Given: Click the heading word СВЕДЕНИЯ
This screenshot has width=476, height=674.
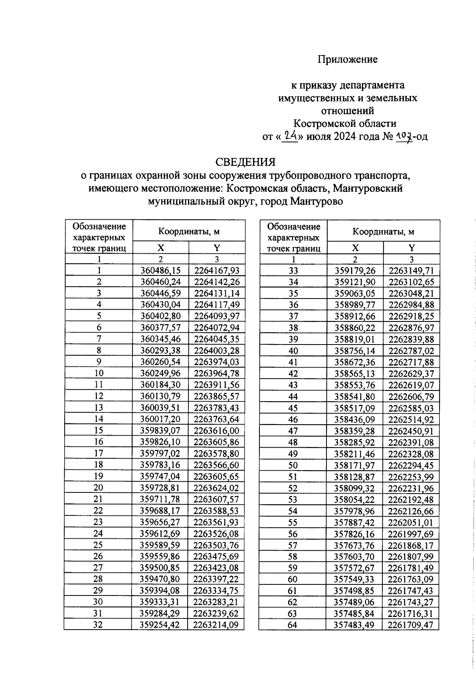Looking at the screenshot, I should click(245, 162).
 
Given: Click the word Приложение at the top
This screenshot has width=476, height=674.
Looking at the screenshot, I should click(347, 59).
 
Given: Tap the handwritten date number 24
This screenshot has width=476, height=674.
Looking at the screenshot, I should click(291, 136).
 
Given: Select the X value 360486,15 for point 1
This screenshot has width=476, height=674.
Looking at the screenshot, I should click(161, 270).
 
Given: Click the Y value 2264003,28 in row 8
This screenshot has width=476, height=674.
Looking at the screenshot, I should click(217, 350).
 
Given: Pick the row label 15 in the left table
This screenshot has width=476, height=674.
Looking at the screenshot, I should click(98, 431).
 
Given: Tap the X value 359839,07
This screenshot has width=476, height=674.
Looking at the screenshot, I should click(161, 431).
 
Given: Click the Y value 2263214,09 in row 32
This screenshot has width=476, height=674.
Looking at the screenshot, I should click(217, 625).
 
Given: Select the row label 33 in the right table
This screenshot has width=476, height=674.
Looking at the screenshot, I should click(294, 270).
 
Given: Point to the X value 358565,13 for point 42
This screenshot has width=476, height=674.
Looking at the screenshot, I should click(355, 373).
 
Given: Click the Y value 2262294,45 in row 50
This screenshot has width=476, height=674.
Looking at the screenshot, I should click(411, 465).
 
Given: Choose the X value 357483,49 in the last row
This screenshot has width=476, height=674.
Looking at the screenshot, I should click(355, 625).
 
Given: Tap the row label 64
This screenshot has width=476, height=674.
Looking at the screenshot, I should click(294, 625).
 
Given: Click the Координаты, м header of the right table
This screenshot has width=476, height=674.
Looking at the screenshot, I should click(383, 232).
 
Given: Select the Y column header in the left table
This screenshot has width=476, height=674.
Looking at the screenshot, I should click(217, 248).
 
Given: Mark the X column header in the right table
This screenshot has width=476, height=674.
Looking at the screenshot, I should click(355, 248).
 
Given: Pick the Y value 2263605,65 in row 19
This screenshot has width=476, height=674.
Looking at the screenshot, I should click(217, 476).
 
